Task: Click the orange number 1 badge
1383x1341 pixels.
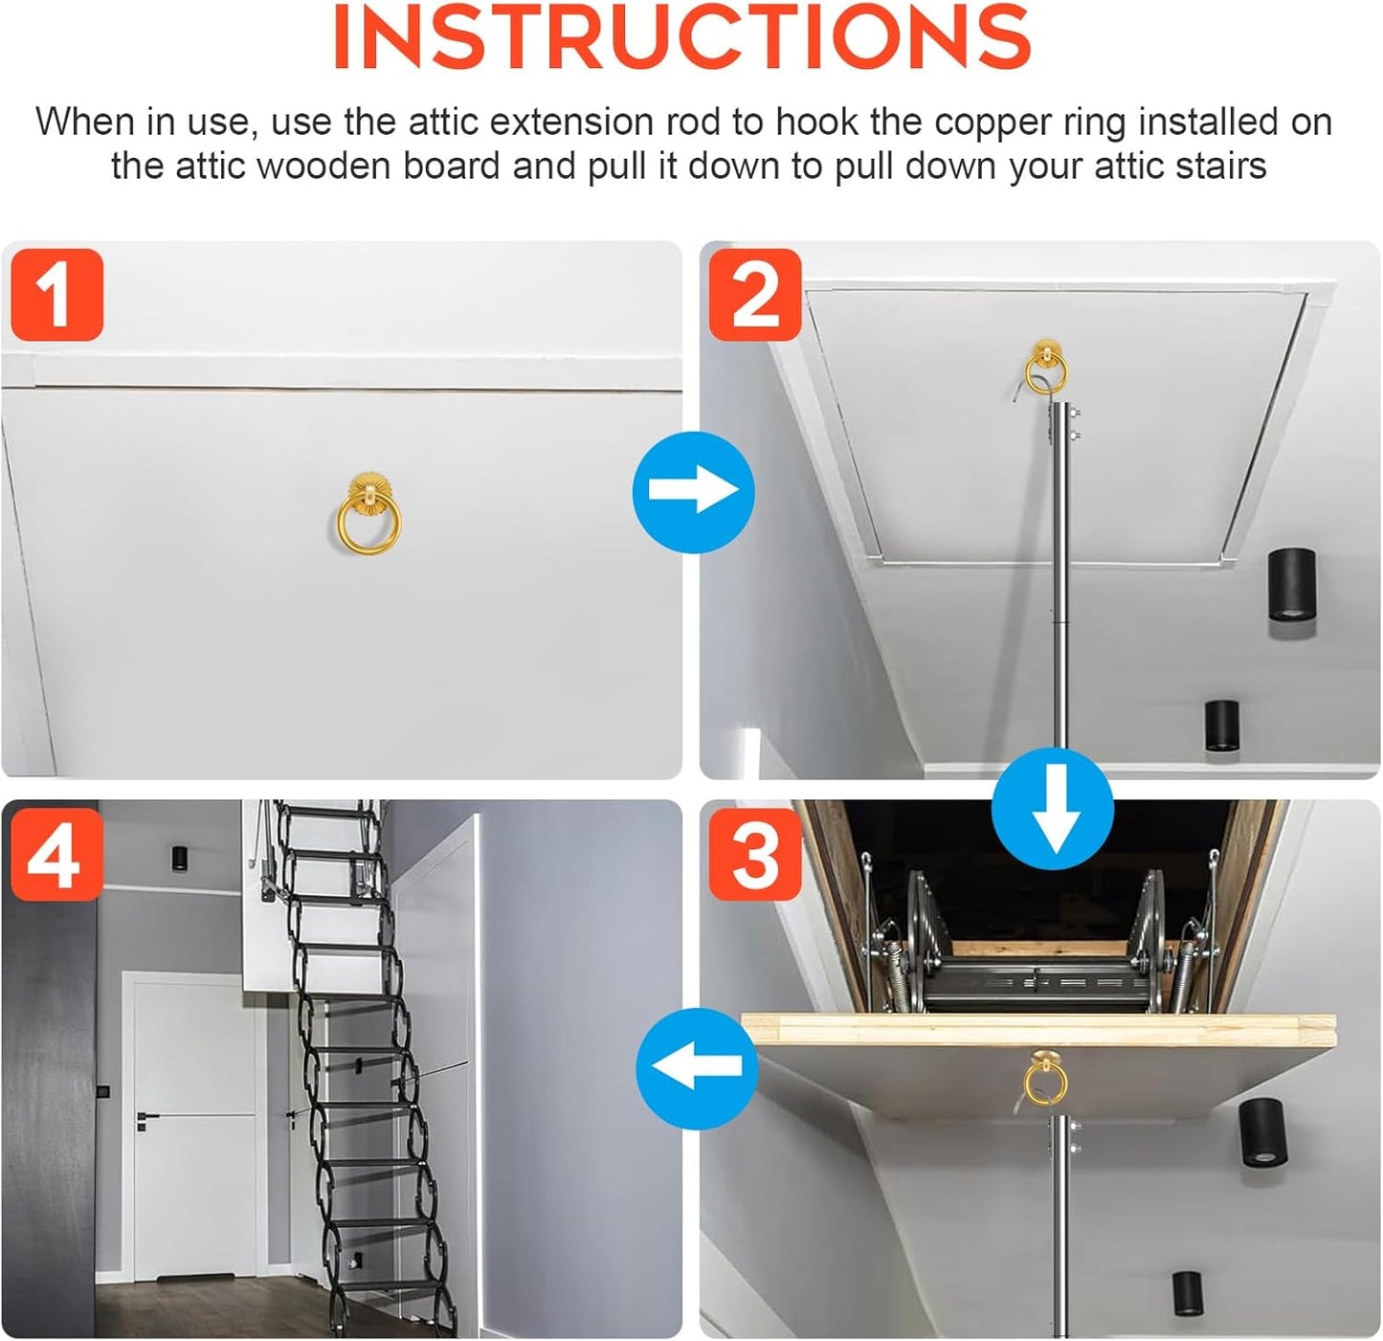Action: (56, 295)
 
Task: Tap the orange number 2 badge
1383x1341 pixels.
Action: (755, 295)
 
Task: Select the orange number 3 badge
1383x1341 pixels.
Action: (755, 854)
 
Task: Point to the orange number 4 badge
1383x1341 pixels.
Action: (56, 854)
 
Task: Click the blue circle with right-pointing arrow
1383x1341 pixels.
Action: (694, 492)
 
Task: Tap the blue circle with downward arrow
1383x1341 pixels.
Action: (1053, 809)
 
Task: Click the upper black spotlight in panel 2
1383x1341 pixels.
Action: (1291, 584)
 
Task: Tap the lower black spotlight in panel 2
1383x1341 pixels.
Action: (1221, 726)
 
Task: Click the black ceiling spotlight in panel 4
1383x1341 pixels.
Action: (180, 859)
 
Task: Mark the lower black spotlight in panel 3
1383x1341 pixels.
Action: (1188, 1294)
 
